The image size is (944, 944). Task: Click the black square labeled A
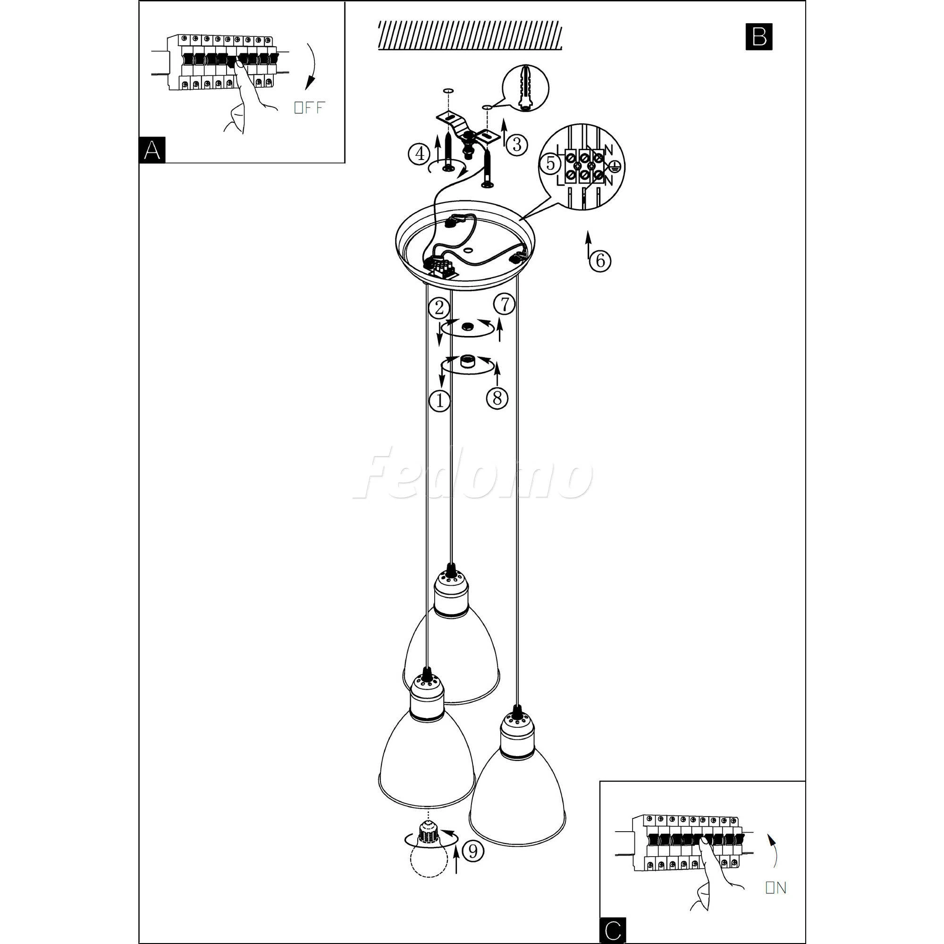pos(152,150)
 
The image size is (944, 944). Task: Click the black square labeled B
pos(759,37)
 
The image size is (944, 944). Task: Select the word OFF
pos(309,108)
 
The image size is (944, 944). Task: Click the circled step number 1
pos(439,401)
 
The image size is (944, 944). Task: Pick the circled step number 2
pos(439,308)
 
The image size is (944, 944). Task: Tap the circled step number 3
pos(517,144)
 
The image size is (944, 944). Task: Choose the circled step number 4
pos(419,154)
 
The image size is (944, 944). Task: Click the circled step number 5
pos(551,163)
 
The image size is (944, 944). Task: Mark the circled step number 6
pos(600,261)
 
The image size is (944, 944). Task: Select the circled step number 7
pos(504,304)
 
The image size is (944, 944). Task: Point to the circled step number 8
pos(497,399)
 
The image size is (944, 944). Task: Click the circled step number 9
pos(472,851)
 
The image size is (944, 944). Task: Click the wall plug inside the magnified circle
pos(526,88)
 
